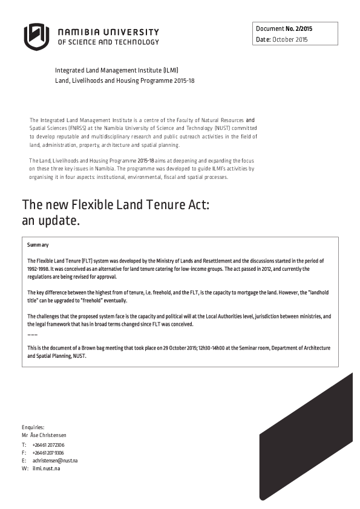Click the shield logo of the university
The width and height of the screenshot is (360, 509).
tap(36, 36)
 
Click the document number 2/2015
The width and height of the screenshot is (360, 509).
tap(301, 28)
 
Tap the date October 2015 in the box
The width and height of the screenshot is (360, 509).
tap(290, 39)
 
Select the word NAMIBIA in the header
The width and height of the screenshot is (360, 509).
tap(80, 32)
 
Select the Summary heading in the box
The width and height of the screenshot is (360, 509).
tap(38, 245)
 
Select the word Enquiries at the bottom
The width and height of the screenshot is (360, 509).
tap(33, 427)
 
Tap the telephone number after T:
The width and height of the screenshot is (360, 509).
tap(48, 445)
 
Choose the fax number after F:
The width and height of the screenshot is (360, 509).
tap(48, 453)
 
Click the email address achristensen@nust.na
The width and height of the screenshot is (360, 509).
tap(55, 461)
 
